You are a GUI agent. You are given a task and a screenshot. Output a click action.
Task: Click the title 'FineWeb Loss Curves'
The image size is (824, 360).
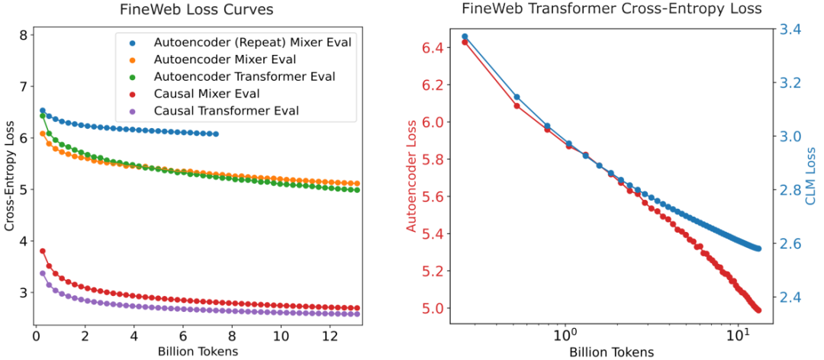[196, 11]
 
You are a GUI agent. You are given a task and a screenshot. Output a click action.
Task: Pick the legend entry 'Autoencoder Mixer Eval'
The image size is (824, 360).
[225, 59]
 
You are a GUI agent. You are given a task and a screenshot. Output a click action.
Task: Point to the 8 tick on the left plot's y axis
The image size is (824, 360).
[24, 35]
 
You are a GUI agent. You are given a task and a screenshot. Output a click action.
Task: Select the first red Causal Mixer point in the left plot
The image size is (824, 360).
[43, 250]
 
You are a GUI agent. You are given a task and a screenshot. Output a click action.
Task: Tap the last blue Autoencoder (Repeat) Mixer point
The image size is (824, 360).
[216, 133]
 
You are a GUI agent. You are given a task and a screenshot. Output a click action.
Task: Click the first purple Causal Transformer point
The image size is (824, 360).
[43, 273]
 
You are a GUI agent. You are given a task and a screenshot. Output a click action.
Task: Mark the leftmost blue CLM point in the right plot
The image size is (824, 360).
[465, 37]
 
